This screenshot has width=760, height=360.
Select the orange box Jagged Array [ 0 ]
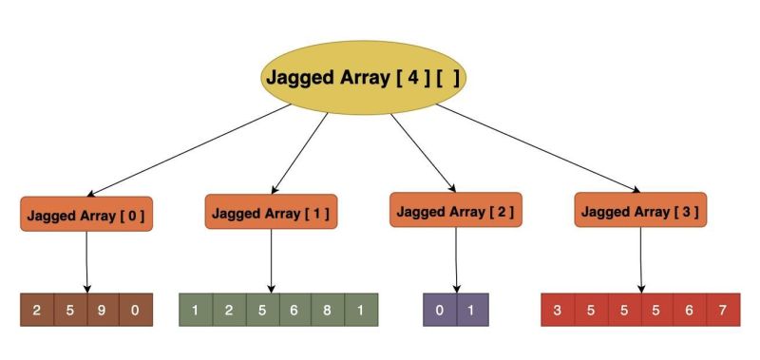click(86, 215)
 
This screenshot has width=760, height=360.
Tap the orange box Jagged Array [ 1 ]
click(272, 213)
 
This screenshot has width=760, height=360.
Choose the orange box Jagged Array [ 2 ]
click(457, 210)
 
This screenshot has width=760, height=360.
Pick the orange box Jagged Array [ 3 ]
click(641, 210)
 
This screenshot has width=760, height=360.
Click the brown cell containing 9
click(104, 311)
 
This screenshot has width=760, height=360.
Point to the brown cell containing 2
click(37, 311)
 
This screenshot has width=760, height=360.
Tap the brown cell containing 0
click(136, 311)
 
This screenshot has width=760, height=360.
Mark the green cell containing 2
click(229, 311)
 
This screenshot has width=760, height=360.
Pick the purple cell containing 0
click(440, 311)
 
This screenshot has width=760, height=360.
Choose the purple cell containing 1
click(472, 311)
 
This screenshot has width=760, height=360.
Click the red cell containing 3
click(557, 311)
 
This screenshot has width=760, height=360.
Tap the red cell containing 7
click(723, 311)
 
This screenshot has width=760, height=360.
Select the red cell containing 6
click(690, 311)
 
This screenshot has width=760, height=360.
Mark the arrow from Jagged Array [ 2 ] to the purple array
click(457, 258)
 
